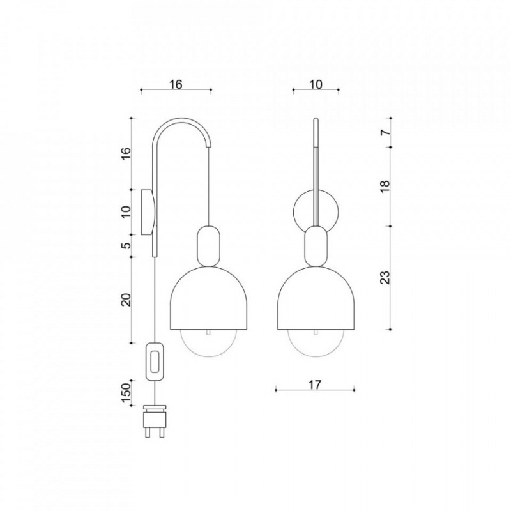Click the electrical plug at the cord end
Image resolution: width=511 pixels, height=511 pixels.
pyautogui.click(x=155, y=421)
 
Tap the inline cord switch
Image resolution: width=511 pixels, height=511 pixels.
pyautogui.click(x=155, y=362)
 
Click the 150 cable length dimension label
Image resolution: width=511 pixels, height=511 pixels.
pyautogui.click(x=126, y=393)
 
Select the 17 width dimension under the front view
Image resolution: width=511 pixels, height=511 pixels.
pyautogui.click(x=315, y=385)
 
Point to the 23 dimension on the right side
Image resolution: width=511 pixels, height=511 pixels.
pyautogui.click(x=385, y=278)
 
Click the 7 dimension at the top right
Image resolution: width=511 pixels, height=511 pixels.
pyautogui.click(x=385, y=132)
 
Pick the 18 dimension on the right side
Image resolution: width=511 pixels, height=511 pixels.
pyautogui.click(x=385, y=186)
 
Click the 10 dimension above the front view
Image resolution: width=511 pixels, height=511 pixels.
pyautogui.click(x=316, y=84)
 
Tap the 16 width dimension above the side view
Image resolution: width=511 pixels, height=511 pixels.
pyautogui.click(x=176, y=84)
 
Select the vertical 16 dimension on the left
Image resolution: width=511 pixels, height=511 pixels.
pyautogui.click(x=126, y=153)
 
